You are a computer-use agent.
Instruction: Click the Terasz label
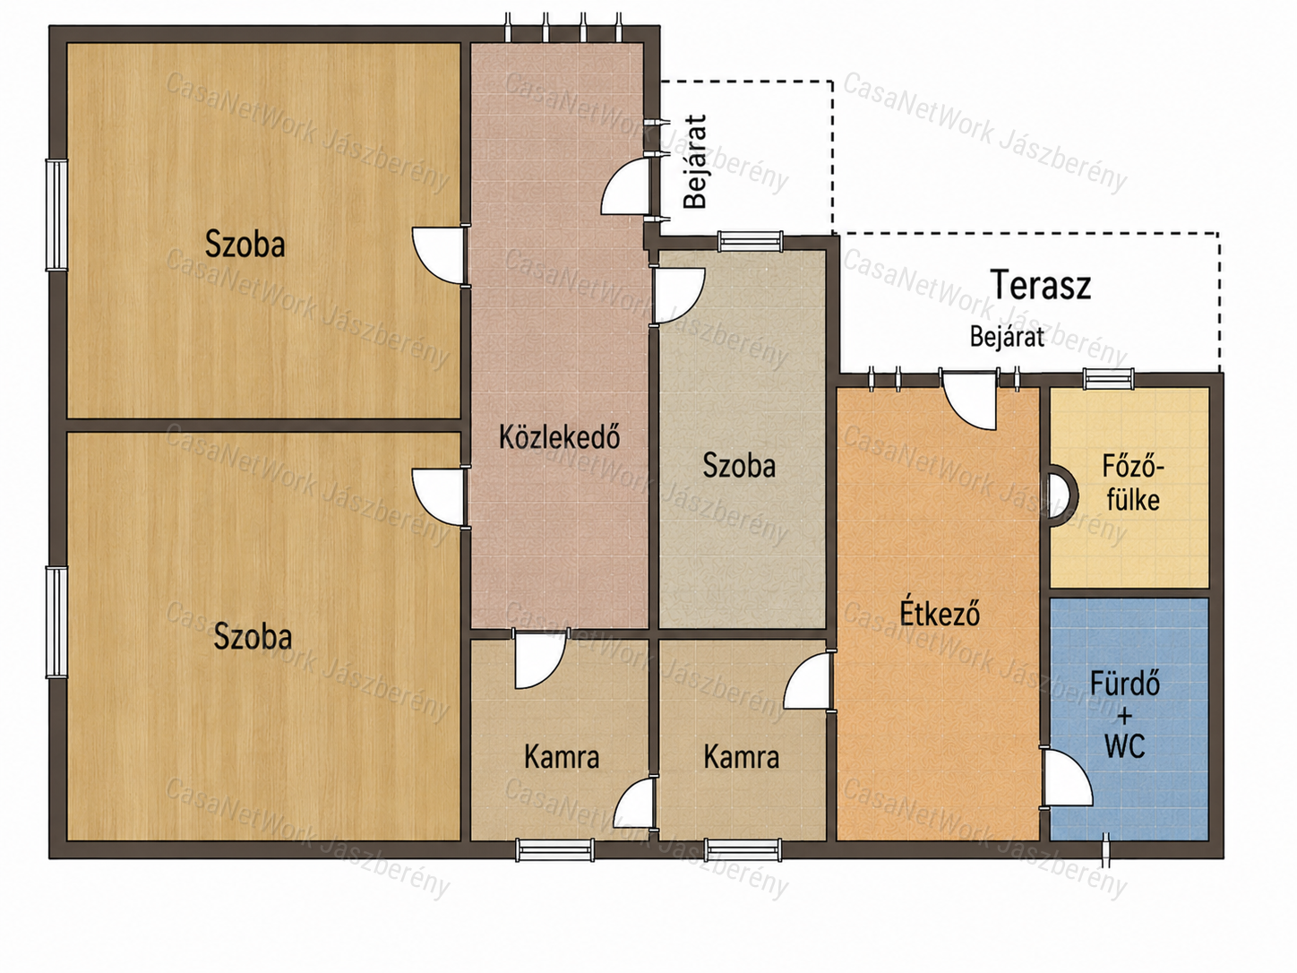(1040, 285)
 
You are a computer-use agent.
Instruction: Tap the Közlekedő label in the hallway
(560, 437)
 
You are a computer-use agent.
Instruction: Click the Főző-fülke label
(1133, 484)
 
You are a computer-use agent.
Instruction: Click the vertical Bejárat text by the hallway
(695, 162)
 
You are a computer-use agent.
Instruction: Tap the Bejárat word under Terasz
(1007, 337)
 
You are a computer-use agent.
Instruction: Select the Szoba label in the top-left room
(245, 244)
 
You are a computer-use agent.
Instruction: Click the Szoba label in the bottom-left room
(253, 636)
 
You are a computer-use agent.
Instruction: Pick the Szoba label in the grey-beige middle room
(739, 466)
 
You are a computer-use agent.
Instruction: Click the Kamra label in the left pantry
(562, 757)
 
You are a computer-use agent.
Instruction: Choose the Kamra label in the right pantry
(741, 757)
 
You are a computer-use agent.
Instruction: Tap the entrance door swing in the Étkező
(969, 400)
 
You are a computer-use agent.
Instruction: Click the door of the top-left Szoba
(438, 256)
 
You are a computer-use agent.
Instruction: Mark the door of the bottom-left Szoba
(438, 497)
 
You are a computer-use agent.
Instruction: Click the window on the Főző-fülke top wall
(1109, 379)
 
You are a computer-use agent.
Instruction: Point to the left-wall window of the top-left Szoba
(56, 214)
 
